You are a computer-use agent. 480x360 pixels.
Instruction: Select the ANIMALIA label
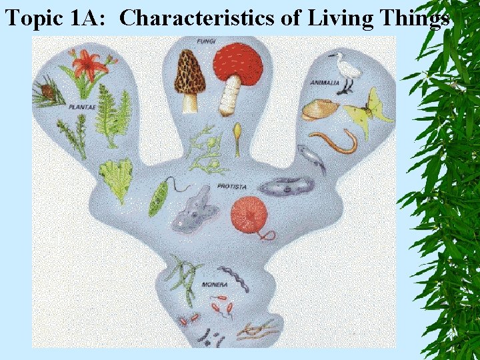[x=325, y=83]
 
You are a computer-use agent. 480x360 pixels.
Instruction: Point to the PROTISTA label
[x=231, y=186]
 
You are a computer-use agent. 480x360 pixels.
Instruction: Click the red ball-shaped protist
[x=247, y=213]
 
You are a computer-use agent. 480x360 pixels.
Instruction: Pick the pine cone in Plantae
[x=47, y=90]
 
